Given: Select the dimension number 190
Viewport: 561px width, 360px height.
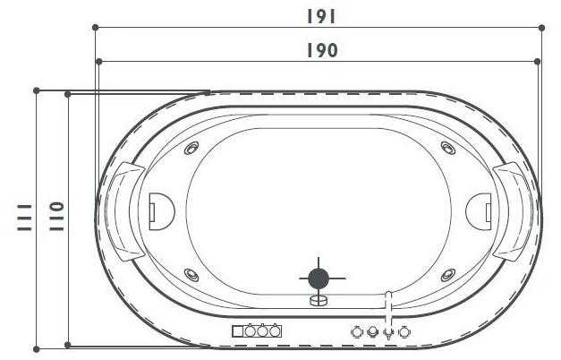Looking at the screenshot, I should pos(319,50).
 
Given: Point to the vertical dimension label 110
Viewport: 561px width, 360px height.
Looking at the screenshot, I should pos(55,217).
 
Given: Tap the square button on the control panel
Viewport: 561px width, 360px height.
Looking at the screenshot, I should pos(238,331).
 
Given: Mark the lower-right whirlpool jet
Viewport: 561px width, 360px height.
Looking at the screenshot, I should pos(444,274).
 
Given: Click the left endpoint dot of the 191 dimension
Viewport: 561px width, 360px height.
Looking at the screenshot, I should pos(95,28).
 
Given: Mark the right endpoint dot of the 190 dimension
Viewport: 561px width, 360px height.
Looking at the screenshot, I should pos(538,61).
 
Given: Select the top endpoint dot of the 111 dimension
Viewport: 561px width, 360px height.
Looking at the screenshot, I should pos(36,90).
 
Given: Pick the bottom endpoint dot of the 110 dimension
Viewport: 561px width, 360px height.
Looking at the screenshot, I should pos(68,346).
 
